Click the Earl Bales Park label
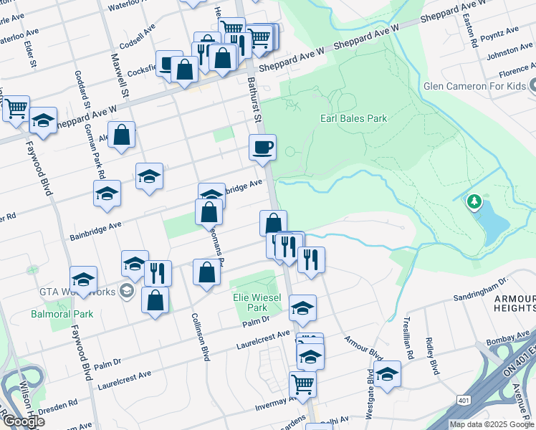click(x=353, y=118)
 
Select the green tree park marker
click(x=474, y=203)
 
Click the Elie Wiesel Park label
click(x=250, y=302)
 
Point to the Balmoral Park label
click(x=62, y=314)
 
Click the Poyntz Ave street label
click(x=502, y=32)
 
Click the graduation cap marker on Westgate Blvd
click(x=387, y=375)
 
